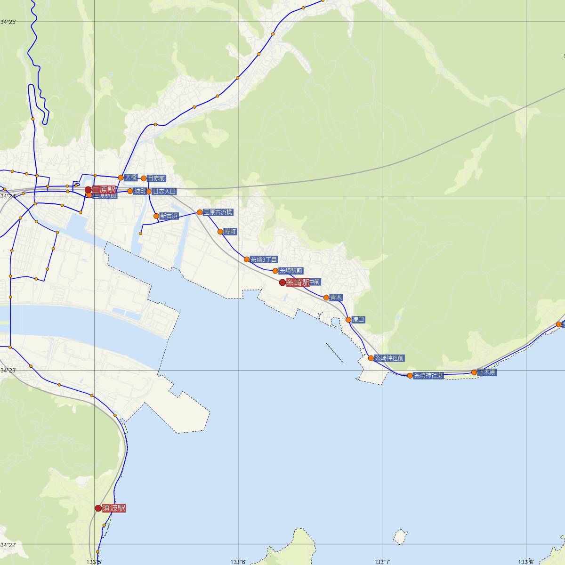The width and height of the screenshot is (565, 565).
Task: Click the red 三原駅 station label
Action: coord(104,190)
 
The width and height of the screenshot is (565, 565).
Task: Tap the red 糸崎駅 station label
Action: coord(298,282)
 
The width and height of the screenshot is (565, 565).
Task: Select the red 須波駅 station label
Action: coord(114,508)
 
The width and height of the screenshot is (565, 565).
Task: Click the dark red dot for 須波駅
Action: coord(98,508)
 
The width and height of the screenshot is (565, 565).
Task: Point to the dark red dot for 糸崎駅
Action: coord(282,282)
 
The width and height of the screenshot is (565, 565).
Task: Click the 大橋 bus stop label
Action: coord(131,178)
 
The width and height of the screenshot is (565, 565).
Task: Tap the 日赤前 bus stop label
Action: coord(156,178)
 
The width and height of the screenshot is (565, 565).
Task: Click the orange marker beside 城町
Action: coord(130,191)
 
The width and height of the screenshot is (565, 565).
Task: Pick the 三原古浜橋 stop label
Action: coord(218,212)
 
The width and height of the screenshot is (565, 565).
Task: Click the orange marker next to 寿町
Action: coord(220,231)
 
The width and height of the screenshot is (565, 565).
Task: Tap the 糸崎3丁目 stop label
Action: coord(264,259)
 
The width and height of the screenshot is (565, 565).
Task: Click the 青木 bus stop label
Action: coord(336,298)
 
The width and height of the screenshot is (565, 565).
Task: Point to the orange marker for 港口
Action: coord(348,320)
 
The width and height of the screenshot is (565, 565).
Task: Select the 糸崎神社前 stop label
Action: coord(389,358)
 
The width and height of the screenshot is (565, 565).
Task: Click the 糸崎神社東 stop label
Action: coord(428,376)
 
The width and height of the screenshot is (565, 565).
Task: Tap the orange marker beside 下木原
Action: coord(475,372)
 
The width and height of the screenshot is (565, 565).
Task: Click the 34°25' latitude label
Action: coord(8,22)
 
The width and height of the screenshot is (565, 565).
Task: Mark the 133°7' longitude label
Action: coord(382,562)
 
